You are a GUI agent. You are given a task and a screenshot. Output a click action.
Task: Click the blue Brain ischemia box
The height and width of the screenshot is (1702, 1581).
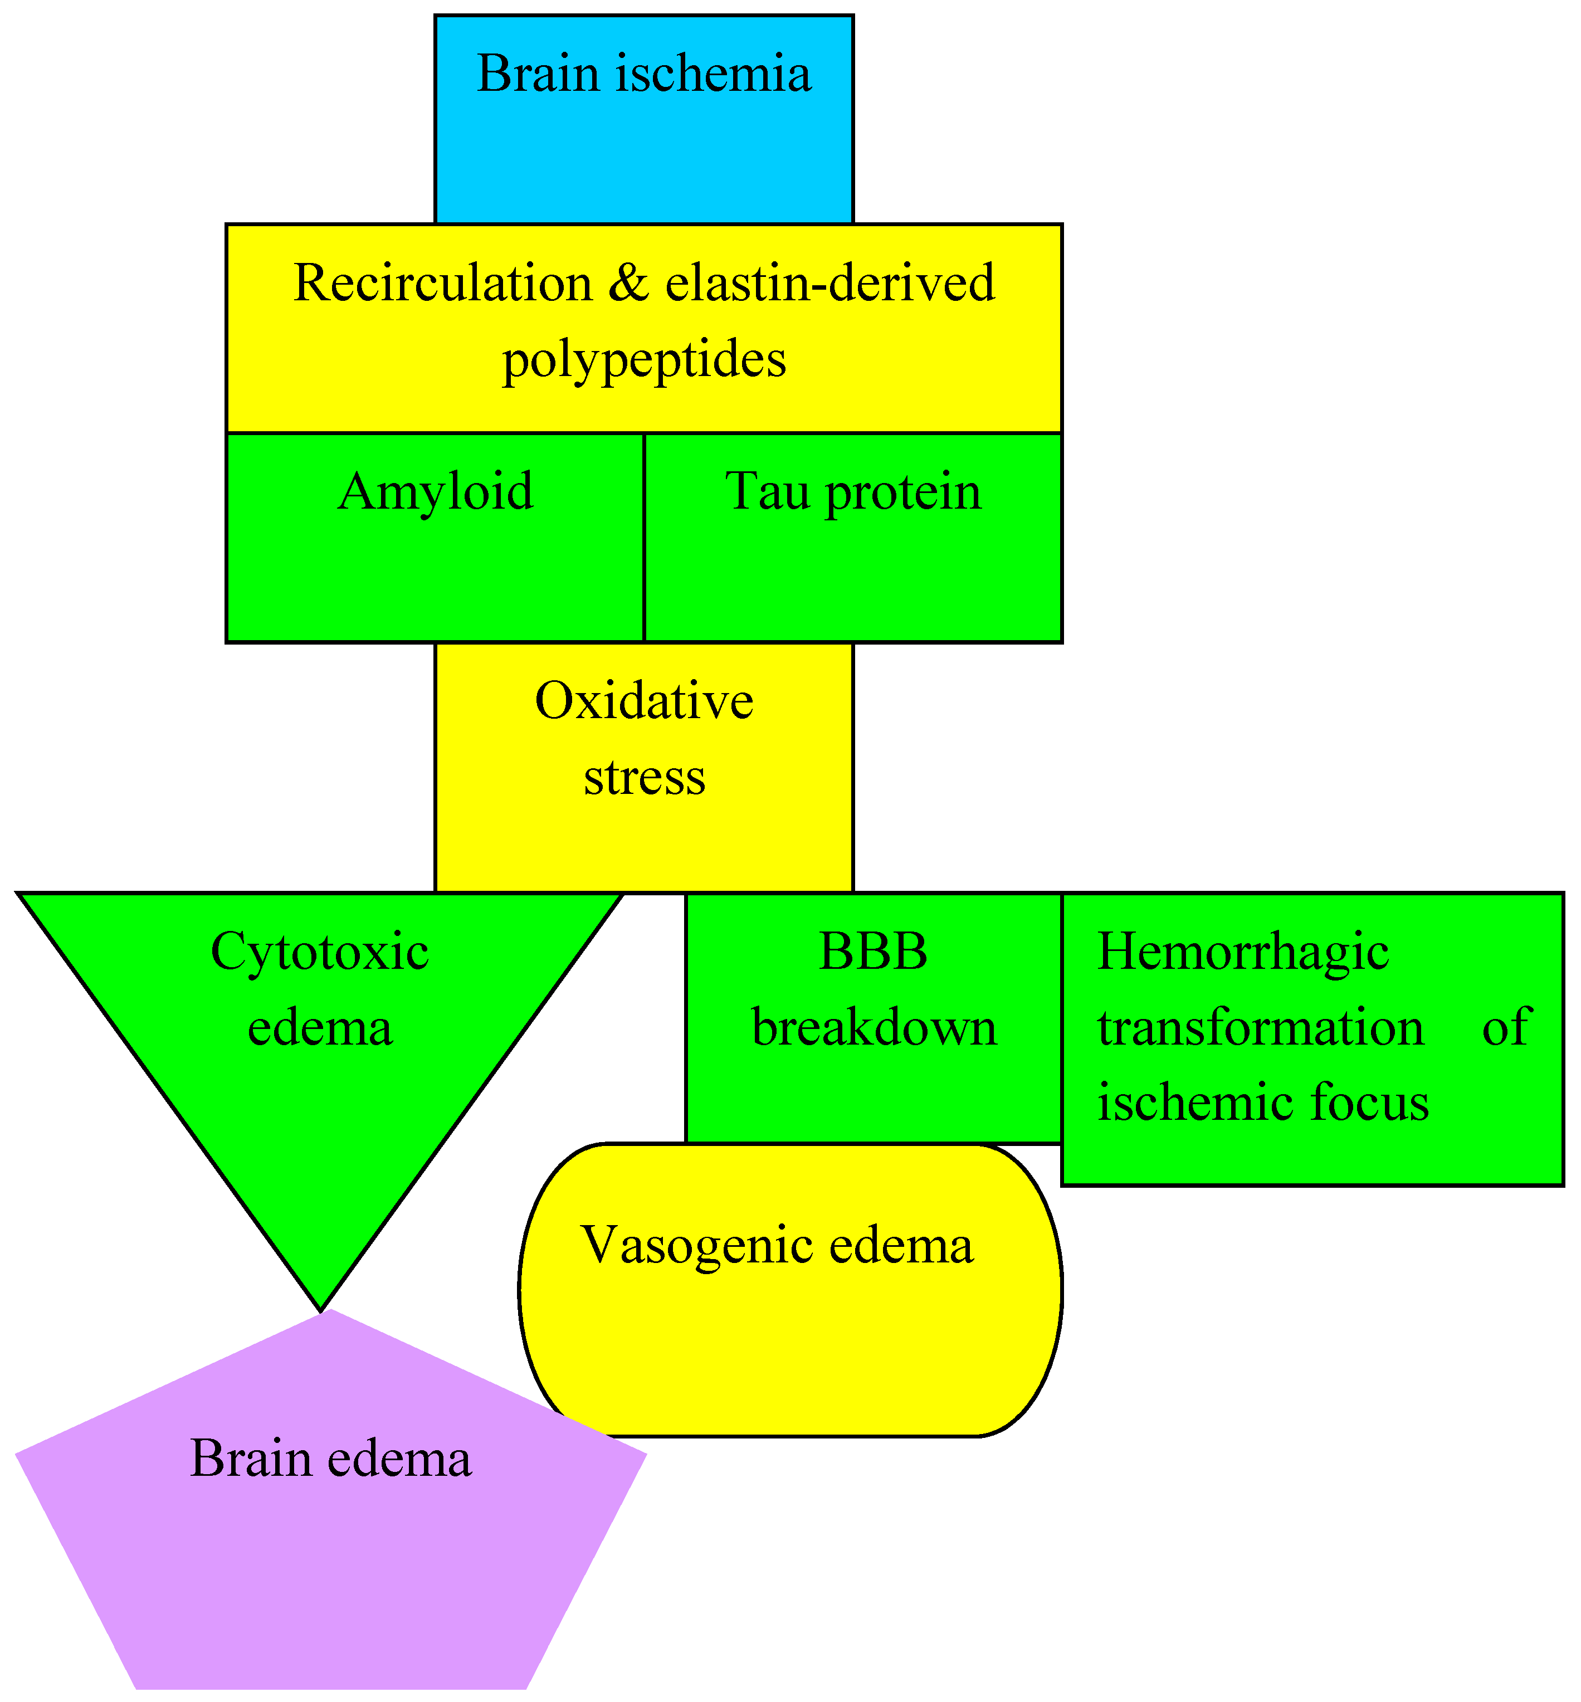pos(643,120)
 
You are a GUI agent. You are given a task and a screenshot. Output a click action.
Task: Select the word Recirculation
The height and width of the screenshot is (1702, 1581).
pos(442,282)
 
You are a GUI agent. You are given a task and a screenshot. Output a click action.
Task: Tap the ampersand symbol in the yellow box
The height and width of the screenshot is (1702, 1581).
pos(629,282)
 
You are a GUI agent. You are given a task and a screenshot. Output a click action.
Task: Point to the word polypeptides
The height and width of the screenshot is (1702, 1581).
pos(643,359)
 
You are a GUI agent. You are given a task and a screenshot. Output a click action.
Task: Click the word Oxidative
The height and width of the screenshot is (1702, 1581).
pos(643,701)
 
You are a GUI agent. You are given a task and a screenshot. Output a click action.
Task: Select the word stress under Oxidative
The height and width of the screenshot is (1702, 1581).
pos(643,777)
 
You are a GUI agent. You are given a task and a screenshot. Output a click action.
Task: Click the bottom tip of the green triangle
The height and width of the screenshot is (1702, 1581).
pos(320,1304)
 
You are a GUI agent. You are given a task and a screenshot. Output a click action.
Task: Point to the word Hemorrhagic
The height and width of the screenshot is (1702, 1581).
pos(1242,952)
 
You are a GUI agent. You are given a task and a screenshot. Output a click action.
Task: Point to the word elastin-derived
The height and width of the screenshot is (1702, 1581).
pos(830,282)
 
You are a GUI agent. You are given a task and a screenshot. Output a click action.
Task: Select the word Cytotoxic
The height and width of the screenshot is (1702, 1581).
pos(319,952)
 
